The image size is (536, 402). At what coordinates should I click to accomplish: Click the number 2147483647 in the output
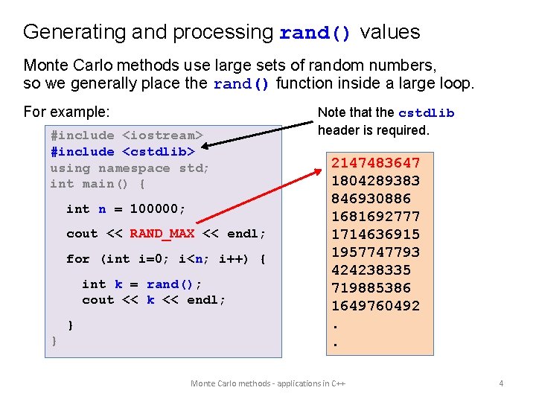tap(376, 163)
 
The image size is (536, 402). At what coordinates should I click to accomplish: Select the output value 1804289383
tap(376, 181)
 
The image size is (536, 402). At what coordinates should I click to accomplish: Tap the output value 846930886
tap(371, 199)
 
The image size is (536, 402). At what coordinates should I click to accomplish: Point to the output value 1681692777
tap(376, 217)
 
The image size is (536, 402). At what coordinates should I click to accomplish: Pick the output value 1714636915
tap(376, 234)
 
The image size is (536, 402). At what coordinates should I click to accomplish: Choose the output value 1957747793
tap(376, 252)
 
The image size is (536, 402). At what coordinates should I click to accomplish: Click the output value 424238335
tap(371, 270)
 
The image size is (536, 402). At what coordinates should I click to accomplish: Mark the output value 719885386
tap(371, 288)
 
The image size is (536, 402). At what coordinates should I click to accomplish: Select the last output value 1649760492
tap(376, 306)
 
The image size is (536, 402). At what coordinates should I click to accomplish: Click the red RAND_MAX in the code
tap(162, 234)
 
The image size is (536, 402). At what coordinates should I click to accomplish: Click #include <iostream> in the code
tap(126, 135)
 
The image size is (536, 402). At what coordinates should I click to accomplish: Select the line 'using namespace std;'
tap(130, 168)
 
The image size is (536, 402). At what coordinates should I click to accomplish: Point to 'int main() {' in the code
tap(98, 184)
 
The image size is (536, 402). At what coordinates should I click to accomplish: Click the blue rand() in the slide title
tap(315, 33)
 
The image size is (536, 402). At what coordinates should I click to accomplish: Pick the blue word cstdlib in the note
tap(427, 113)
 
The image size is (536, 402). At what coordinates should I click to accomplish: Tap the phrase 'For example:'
tap(67, 112)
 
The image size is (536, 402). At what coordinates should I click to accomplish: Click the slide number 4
tap(501, 383)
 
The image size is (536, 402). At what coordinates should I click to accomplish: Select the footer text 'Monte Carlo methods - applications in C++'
tap(268, 383)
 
